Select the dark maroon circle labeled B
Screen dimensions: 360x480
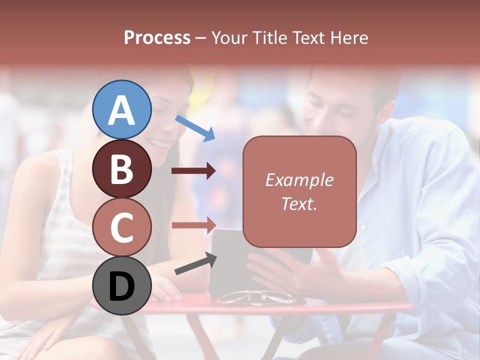(121, 168)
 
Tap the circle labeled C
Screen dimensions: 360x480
(121, 227)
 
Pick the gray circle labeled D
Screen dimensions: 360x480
(121, 285)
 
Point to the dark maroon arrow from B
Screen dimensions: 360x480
(193, 171)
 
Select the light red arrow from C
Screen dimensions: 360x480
(193, 224)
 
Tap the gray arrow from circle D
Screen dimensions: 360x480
(195, 264)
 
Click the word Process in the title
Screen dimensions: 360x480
(157, 37)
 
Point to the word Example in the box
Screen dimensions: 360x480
(299, 180)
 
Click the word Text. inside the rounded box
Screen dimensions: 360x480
(299, 203)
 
